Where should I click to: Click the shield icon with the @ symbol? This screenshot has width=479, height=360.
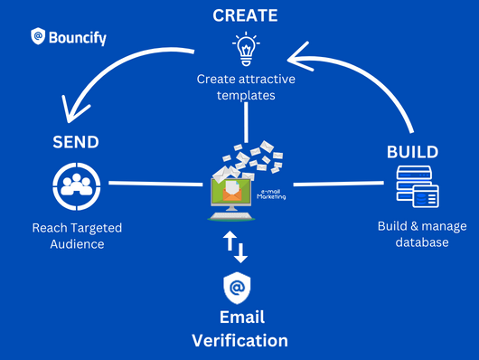pyautogui.click(x=237, y=289)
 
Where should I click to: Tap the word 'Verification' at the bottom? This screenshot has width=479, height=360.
pyautogui.click(x=239, y=340)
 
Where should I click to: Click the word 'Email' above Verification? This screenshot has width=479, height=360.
pyautogui.click(x=240, y=317)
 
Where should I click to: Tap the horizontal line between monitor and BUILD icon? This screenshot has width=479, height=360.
pyautogui.click(x=340, y=185)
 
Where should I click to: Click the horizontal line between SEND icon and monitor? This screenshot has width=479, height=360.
pyautogui.click(x=155, y=185)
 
